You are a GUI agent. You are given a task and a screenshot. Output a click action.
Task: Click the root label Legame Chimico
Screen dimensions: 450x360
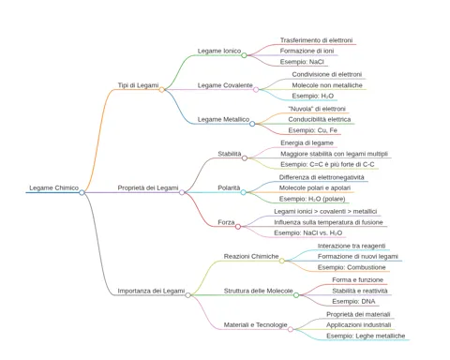(x=53, y=187)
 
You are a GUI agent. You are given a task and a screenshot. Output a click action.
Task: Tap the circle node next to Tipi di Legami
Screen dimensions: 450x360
(x=161, y=90)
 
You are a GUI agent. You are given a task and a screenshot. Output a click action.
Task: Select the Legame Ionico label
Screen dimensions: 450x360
(x=219, y=51)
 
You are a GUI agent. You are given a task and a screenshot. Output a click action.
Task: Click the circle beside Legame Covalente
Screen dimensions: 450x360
(x=256, y=90)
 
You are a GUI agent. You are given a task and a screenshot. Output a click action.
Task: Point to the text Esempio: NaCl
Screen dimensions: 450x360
(x=302, y=62)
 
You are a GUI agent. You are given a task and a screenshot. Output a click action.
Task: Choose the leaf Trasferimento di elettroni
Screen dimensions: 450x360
(x=316, y=40)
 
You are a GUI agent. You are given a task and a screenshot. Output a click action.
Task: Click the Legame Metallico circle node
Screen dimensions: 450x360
(x=252, y=124)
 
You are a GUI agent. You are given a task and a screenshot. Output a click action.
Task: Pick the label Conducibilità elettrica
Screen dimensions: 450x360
(x=320, y=119)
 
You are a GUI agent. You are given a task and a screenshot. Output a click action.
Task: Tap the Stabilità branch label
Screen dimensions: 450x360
(x=230, y=154)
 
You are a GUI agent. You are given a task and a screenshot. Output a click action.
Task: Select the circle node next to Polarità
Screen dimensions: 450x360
(x=243, y=192)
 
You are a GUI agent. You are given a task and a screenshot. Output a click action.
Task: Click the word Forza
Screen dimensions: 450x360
(x=226, y=222)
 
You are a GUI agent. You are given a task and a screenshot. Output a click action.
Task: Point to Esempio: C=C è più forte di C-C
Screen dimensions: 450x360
(x=327, y=164)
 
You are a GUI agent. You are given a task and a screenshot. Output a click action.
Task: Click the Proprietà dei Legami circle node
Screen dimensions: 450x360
(x=182, y=192)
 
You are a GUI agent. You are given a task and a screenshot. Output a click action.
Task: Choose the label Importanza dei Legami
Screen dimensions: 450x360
(x=151, y=291)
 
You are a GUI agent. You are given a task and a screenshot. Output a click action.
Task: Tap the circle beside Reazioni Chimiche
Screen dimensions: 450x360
(x=282, y=261)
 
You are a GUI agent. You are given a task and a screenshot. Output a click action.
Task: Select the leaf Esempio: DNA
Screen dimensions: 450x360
(x=353, y=302)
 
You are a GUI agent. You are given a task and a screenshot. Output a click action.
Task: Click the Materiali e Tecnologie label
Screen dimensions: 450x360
(x=255, y=325)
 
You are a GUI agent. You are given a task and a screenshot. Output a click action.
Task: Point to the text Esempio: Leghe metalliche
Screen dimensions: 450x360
(x=366, y=336)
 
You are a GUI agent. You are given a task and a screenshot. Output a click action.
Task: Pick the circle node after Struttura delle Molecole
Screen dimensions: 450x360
(x=296, y=295)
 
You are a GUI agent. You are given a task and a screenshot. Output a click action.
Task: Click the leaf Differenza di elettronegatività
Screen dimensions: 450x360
(x=322, y=177)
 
